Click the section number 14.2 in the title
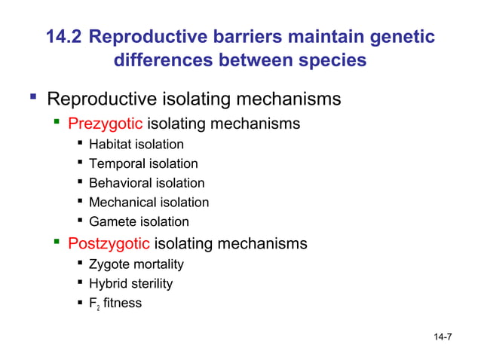coord(66,36)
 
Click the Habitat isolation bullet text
coord(136,144)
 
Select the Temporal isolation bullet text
coord(143,163)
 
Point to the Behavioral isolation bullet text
coord(146,183)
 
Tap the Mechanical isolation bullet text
coord(149,202)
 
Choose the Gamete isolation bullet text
coord(139,221)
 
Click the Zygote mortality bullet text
coord(136,264)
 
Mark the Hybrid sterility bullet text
coord(130,284)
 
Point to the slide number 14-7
coord(443,336)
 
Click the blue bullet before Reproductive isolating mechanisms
coord(32,97)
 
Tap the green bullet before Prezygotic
coord(57,121)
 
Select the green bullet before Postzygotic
coord(57,242)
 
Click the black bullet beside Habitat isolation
coord(80,143)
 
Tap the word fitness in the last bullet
coord(122,304)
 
